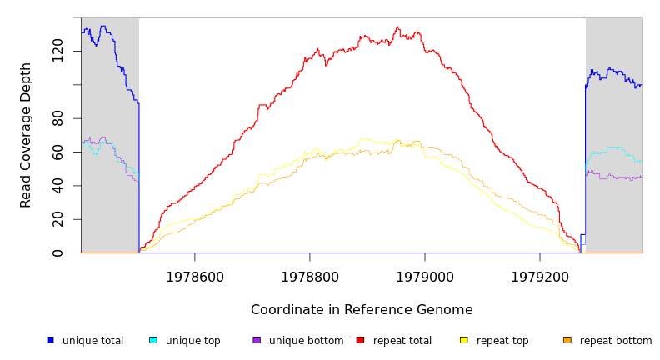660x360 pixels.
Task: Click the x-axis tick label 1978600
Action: coord(194,276)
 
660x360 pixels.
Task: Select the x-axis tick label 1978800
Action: coord(309,276)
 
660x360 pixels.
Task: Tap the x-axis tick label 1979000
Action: coord(424,276)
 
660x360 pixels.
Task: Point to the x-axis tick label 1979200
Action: coord(539,276)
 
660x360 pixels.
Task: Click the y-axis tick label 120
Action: coord(57,51)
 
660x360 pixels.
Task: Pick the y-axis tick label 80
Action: coord(57,118)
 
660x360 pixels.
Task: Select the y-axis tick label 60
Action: coord(57,152)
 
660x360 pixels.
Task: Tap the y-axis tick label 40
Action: coord(57,186)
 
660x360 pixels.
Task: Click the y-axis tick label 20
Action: coord(57,219)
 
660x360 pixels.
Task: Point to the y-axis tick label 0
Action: coord(57,252)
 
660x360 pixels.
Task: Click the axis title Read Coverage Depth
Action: coord(26,134)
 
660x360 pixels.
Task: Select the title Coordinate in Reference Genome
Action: coord(362,309)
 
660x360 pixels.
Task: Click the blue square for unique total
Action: coord(51,340)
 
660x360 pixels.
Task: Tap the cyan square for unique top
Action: coord(153,340)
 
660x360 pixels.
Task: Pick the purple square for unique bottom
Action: coord(257,340)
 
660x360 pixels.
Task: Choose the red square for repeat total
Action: coord(360,340)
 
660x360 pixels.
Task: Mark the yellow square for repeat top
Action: coord(464,340)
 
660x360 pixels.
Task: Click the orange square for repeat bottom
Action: coord(567,340)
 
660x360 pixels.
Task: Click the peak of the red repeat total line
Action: coord(397,27)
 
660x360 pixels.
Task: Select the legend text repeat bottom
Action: coord(616,341)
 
